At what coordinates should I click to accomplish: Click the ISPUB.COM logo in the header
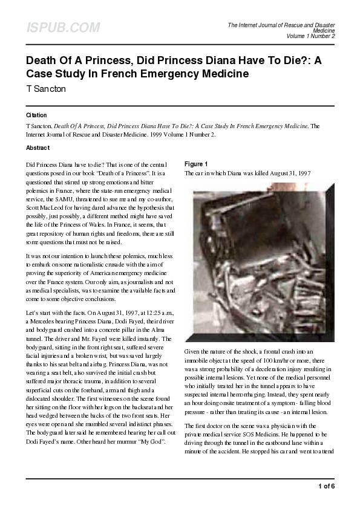click(x=63, y=28)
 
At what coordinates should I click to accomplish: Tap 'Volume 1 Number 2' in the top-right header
click(x=310, y=36)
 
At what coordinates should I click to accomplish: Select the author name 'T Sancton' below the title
click(x=46, y=89)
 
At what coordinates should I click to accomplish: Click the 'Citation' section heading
click(x=36, y=115)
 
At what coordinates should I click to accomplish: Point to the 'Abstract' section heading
click(x=38, y=148)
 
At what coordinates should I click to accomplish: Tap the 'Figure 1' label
click(x=196, y=164)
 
